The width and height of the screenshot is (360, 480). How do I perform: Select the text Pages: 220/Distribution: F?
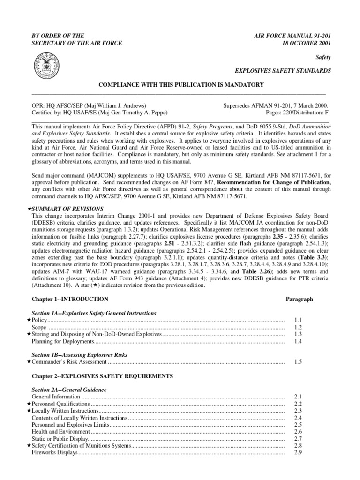click(292, 113)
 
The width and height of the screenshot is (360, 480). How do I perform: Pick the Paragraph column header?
click(299, 299)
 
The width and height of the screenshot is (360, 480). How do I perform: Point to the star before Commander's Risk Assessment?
click(29, 362)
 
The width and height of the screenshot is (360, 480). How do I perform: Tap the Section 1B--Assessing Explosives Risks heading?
click(79, 355)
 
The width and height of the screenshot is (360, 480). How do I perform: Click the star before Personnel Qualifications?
click(29, 404)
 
